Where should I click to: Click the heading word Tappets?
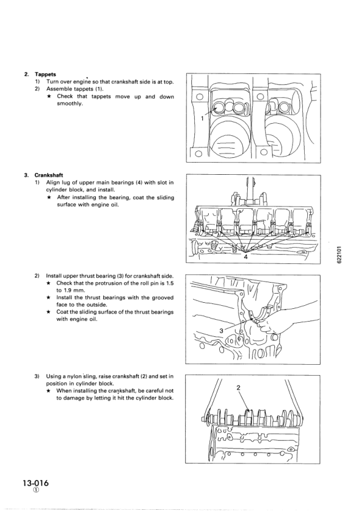[46, 75]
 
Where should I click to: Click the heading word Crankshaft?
[49, 175]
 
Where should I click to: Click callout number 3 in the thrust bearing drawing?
[221, 330]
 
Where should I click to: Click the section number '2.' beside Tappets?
[26, 75]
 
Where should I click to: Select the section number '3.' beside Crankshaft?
[26, 175]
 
